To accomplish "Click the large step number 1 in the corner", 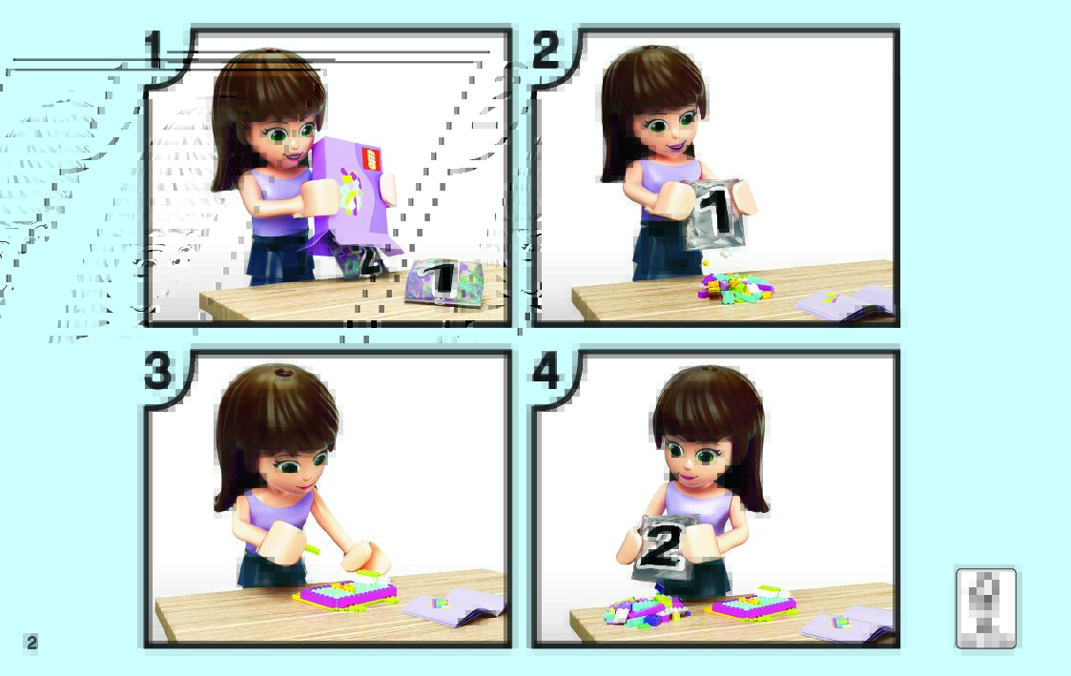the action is click(x=154, y=50).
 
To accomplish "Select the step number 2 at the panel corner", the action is click(x=546, y=50).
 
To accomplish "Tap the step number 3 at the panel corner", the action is click(x=157, y=372).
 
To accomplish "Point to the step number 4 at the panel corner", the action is click(x=546, y=372).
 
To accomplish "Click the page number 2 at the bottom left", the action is click(x=31, y=642).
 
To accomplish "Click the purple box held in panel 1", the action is click(x=353, y=195).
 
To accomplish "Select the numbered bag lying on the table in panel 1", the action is click(x=444, y=280).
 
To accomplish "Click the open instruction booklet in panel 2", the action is click(x=846, y=302).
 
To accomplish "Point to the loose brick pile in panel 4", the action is click(x=647, y=609).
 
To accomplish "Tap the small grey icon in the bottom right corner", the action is click(x=985, y=607).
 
